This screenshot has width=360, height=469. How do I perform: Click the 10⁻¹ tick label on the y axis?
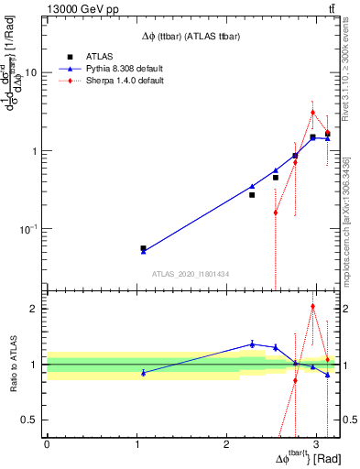point(27,229)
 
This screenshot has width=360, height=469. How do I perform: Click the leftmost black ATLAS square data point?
point(143,248)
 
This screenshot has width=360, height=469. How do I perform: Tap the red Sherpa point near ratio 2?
point(312,307)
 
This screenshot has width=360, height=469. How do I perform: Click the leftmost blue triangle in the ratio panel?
point(143,373)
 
